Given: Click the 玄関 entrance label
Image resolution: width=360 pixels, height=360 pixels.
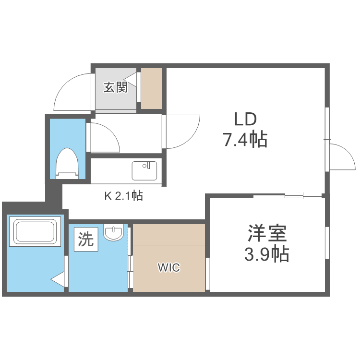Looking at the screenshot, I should pos(116,87).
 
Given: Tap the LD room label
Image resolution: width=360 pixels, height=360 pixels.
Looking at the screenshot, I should pos(245,119).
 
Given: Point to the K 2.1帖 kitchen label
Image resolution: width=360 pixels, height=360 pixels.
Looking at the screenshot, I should pos(123,196).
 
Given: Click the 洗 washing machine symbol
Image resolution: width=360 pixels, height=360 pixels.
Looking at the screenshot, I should pos(86,239).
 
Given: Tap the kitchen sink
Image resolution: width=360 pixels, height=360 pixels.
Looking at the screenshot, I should pos(144,171).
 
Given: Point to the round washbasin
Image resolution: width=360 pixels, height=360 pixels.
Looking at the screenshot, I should pos(114,233).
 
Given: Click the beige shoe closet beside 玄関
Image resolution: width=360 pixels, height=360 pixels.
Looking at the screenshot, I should pos(151,89).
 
